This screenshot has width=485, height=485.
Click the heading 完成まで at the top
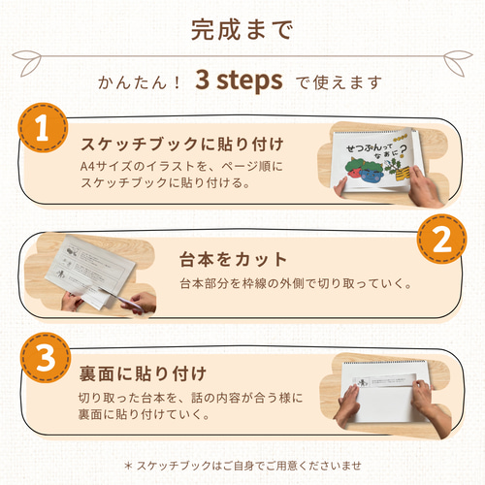pos(242,31)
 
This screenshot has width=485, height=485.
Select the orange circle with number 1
pos(42,130)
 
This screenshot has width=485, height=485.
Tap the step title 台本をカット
pos(233,260)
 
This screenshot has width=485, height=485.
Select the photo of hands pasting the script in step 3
pos(387,394)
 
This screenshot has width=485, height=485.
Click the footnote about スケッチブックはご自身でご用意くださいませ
pos(242,465)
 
